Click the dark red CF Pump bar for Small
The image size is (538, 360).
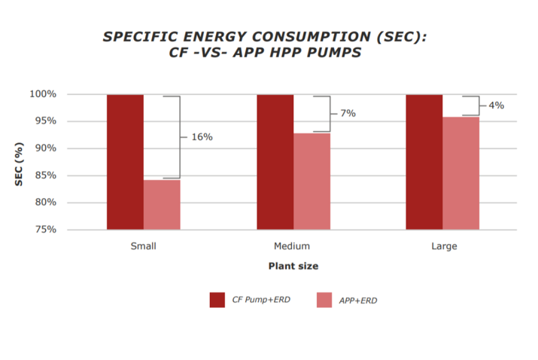(125, 162)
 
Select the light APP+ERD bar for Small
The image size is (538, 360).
(162, 204)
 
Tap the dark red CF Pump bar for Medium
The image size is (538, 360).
(275, 162)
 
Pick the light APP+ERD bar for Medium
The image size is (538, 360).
(312, 181)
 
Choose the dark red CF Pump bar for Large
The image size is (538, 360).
(424, 162)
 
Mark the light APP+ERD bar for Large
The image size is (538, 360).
(460, 173)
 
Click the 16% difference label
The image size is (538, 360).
(202, 137)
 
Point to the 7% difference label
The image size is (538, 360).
(348, 113)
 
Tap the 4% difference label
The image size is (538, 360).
(496, 105)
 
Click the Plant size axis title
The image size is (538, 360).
(293, 266)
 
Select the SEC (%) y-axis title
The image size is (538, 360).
(23, 161)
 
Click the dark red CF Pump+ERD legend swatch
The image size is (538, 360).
(217, 300)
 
